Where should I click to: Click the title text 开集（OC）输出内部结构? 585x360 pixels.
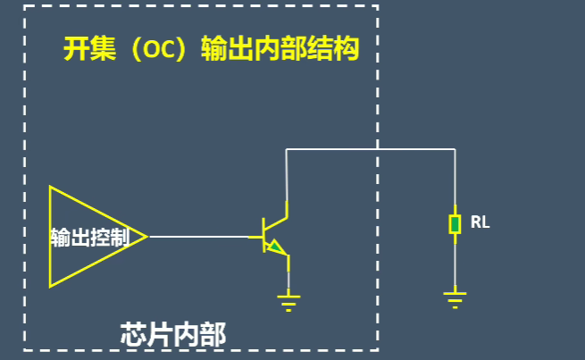tap(211, 48)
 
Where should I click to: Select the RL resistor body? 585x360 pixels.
tap(455, 223)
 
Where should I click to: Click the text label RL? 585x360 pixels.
tap(480, 222)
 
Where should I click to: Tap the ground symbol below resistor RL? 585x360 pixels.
tap(455, 298)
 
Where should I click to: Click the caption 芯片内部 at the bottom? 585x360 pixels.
tap(173, 335)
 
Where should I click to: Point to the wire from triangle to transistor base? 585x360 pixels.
tap(201, 237)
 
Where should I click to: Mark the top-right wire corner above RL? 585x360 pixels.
tap(455, 149)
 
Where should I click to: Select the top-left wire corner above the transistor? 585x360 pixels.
tap(287, 149)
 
